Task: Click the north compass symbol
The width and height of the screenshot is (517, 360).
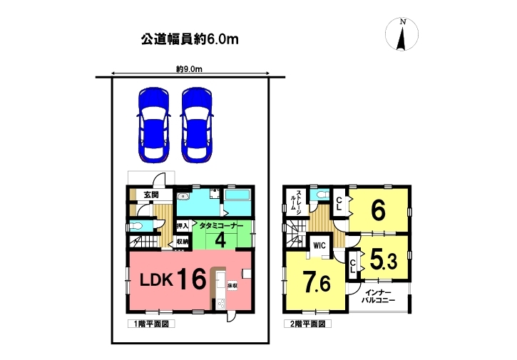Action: [x=401, y=35]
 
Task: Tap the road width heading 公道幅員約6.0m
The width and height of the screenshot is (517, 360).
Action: [x=190, y=39]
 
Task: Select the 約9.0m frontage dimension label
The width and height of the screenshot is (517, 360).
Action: [x=189, y=69]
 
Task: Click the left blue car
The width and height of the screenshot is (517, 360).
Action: [x=153, y=125]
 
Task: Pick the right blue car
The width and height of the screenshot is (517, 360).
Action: [x=197, y=125]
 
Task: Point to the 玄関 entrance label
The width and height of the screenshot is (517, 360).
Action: [x=151, y=195]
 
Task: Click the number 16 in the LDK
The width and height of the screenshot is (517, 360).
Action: [x=193, y=279]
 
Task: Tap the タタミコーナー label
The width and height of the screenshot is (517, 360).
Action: [x=221, y=226]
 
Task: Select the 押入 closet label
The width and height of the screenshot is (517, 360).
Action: [x=183, y=226]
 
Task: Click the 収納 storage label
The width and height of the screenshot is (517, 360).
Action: [x=183, y=242]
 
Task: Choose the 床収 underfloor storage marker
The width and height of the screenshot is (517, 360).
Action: [x=232, y=285]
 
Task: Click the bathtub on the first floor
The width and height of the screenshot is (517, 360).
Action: [x=237, y=195]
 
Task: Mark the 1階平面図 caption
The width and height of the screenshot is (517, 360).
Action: [x=151, y=324]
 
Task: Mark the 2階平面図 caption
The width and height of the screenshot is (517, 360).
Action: [x=307, y=324]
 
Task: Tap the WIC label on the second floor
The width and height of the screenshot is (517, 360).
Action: [x=319, y=245]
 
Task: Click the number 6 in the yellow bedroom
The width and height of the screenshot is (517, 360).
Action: [x=378, y=210]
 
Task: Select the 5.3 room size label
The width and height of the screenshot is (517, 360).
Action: [x=384, y=259]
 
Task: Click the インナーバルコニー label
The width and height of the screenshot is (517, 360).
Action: [x=378, y=297]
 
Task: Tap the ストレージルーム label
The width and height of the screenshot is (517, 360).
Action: [x=295, y=202]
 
